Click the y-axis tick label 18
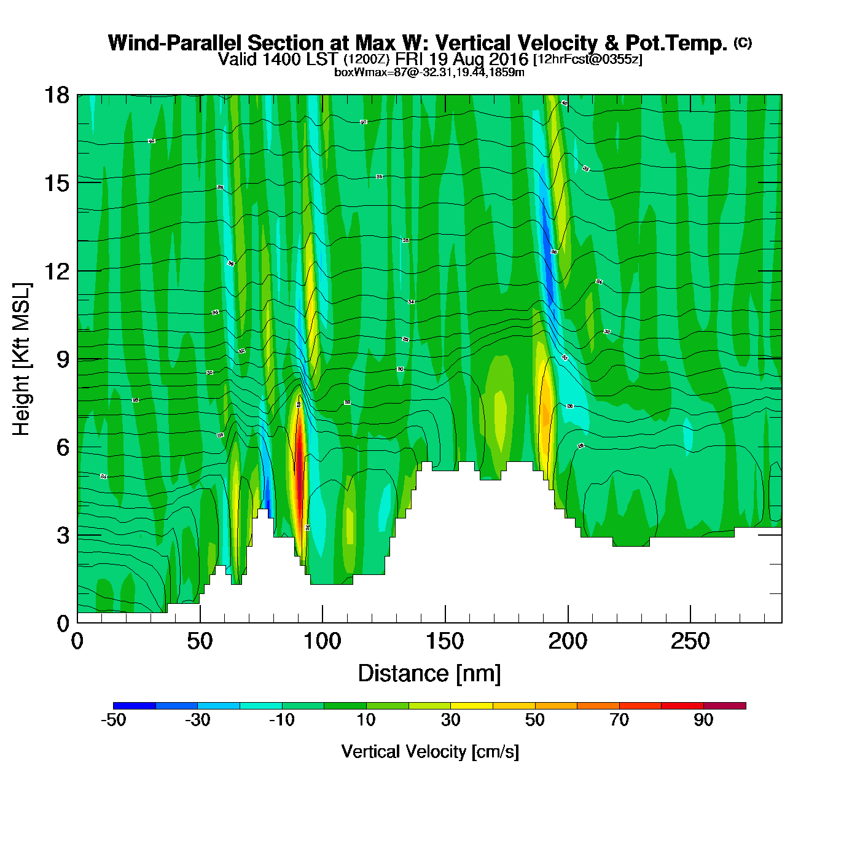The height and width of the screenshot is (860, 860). pos(56,95)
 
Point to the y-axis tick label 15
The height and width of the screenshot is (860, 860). pos(56,183)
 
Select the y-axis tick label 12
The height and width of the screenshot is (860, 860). pos(56,271)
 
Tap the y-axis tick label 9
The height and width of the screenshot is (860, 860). pos(63,359)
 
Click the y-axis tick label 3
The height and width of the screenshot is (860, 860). pos(63,536)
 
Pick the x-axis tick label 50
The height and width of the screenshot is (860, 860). pos(200,642)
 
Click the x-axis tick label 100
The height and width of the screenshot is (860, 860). pos(322,642)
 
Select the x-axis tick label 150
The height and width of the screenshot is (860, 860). pos(445,642)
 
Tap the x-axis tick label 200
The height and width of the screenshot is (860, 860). pos(568,642)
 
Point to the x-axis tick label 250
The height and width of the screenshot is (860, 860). pos(690,642)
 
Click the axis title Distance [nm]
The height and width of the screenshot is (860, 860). pos(429,674)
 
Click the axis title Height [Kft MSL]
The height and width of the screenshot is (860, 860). pos(21,359)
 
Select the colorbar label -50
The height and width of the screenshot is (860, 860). pos(113,720)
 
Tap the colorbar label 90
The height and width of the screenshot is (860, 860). pos(703,720)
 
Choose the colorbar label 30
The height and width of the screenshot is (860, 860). pos(450,720)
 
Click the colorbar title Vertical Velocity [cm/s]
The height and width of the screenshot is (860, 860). pos(430,752)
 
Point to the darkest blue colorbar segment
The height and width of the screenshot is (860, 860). pos(134,706)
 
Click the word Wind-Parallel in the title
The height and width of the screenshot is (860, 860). pos(176,43)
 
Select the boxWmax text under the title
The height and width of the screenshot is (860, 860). pos(429,72)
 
